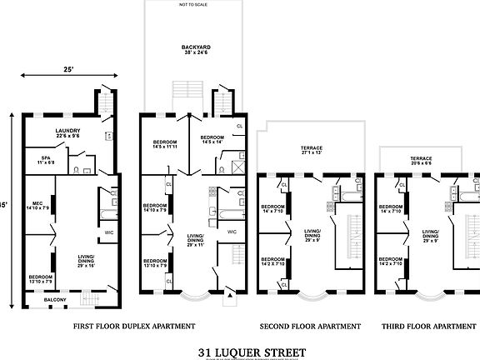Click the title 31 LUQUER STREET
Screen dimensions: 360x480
(240, 352)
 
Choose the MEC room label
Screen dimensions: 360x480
(37, 205)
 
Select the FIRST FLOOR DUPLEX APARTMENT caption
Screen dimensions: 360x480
(134, 326)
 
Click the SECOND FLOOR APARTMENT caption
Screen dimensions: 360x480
(310, 326)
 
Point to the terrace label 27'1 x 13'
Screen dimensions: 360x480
(312, 151)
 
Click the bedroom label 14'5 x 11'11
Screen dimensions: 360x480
(165, 146)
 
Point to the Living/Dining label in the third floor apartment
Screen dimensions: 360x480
(430, 234)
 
